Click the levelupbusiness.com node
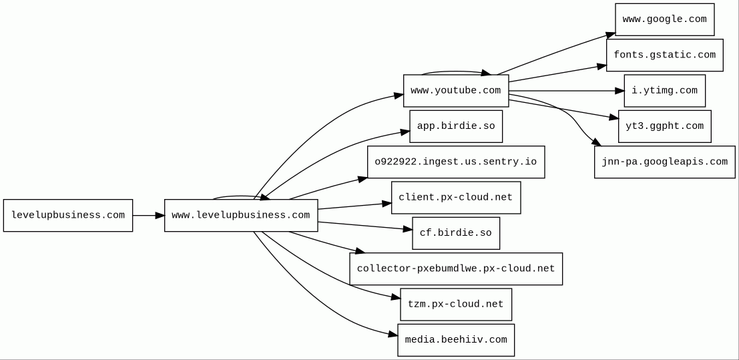coord(68,215)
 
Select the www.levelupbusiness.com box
coord(241,215)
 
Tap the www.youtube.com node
coord(456,91)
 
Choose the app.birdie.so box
coord(456,126)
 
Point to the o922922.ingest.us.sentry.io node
coord(456,162)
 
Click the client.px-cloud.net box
coord(456,198)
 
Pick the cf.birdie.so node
coord(456,233)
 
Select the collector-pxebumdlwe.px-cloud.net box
coord(456,268)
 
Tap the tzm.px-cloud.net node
coord(456,305)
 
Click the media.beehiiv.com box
coord(456,340)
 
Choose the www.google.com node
coord(665,19)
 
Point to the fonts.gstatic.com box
coord(665,55)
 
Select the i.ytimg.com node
coord(665,91)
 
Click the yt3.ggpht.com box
coord(665,126)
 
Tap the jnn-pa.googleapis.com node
coord(665,162)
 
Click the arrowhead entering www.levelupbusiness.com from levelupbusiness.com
coord(160,215)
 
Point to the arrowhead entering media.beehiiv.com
coord(393,335)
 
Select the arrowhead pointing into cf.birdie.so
coord(408,229)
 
